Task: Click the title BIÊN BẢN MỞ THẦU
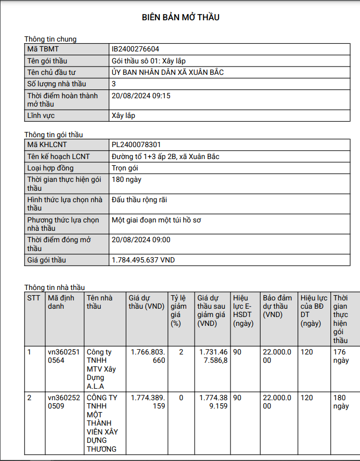181,18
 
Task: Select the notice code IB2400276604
135,49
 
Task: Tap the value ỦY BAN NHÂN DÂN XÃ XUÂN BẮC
168,72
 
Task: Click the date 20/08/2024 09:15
141,96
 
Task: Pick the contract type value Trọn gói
125,168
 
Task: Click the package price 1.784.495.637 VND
143,260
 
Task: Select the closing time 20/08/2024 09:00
141,240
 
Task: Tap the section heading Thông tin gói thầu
54,135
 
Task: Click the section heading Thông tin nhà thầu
55,287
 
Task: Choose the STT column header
33,298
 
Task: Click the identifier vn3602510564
63,356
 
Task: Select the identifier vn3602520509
63,402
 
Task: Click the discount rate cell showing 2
181,352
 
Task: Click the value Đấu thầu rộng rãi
139,200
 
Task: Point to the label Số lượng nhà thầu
57,84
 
